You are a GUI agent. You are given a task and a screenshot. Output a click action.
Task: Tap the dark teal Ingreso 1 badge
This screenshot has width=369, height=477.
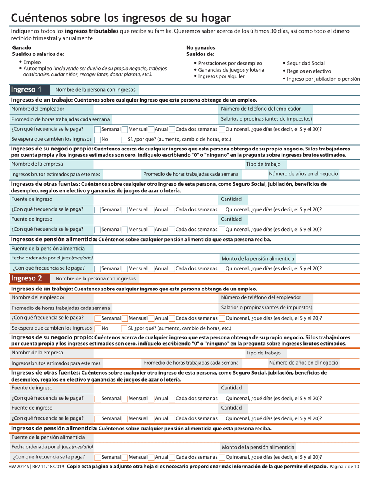click(x=26, y=90)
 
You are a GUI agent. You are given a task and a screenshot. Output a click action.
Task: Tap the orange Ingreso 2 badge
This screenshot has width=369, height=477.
click(x=26, y=278)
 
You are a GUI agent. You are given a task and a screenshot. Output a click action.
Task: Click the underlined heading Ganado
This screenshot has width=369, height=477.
click(x=22, y=48)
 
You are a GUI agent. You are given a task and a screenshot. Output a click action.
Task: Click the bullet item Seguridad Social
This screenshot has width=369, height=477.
click(x=306, y=63)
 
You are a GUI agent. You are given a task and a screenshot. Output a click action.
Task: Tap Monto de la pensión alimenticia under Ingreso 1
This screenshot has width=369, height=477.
click(x=258, y=258)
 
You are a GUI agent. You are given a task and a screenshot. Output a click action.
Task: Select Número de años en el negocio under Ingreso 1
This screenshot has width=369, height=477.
click(x=303, y=174)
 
